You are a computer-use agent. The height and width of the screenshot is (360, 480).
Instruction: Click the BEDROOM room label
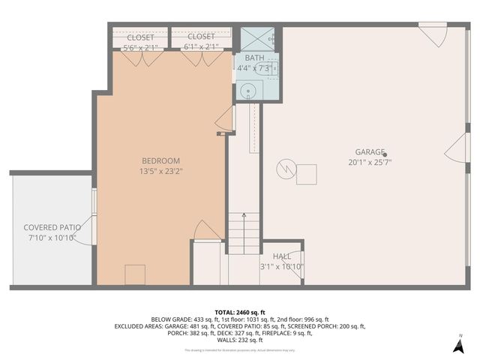pyautogui.click(x=161, y=160)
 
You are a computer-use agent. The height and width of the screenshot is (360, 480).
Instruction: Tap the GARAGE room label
pyautogui.click(x=364, y=151)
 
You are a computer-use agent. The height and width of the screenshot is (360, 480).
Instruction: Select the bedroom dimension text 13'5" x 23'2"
pyautogui.click(x=161, y=172)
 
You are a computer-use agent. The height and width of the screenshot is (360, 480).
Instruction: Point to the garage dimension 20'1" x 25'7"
pyautogui.click(x=370, y=161)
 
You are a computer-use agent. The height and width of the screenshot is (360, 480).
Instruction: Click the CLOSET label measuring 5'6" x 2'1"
pyautogui.click(x=140, y=37)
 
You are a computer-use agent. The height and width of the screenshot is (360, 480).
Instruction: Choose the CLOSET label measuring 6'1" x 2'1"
pyautogui.click(x=200, y=37)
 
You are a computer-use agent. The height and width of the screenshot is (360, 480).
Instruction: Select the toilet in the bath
pyautogui.click(x=272, y=68)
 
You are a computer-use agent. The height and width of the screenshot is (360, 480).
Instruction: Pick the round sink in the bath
pyautogui.click(x=247, y=91)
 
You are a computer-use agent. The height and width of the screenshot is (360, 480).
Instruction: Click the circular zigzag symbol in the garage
pyautogui.click(x=285, y=169)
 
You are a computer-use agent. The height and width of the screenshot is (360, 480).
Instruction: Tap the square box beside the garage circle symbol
pyautogui.click(x=306, y=175)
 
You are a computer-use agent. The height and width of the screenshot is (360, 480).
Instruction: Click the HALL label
pyautogui.click(x=282, y=256)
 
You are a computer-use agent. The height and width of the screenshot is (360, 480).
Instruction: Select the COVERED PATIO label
pyautogui.click(x=52, y=227)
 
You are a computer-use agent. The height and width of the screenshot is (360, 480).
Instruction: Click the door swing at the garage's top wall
pyautogui.click(x=433, y=35)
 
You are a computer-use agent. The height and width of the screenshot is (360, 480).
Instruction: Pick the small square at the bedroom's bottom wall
pyautogui.click(x=135, y=274)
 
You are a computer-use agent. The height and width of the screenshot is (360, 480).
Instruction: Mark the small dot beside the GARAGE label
pyautogui.click(x=385, y=155)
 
